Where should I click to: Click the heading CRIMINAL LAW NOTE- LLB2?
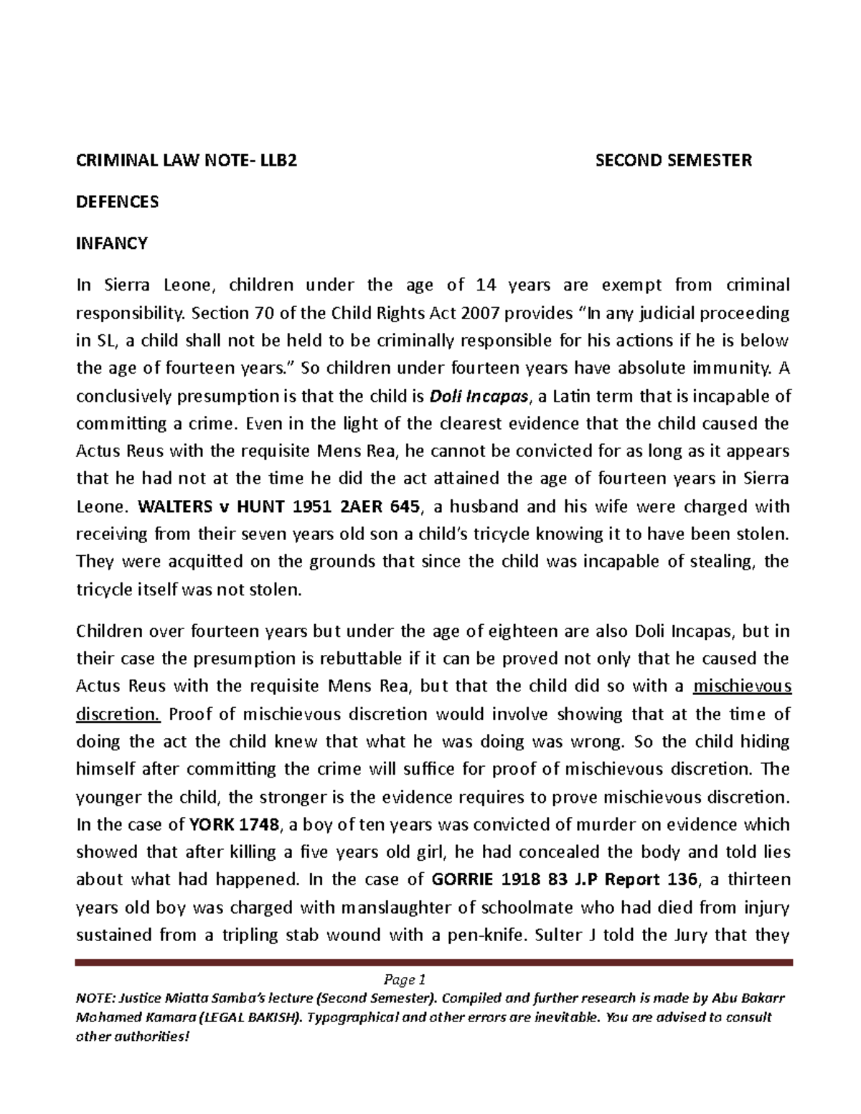click(187, 160)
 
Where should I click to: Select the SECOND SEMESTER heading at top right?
click(674, 160)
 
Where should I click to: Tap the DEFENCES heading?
click(118, 202)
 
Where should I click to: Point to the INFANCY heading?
click(112, 243)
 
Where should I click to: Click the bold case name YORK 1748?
click(234, 825)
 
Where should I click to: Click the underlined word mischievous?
click(743, 686)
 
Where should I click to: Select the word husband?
click(484, 507)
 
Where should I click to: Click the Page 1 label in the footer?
click(405, 980)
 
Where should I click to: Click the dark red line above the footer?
click(433, 963)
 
